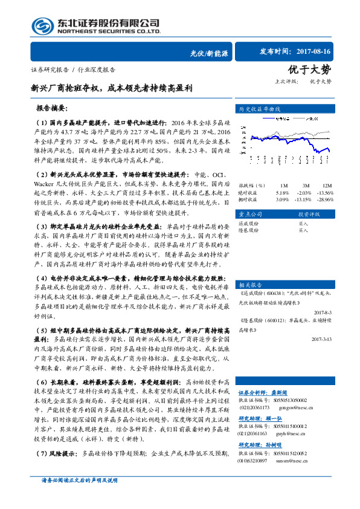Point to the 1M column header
[x=284, y=185]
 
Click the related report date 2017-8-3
[x=323, y=312]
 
